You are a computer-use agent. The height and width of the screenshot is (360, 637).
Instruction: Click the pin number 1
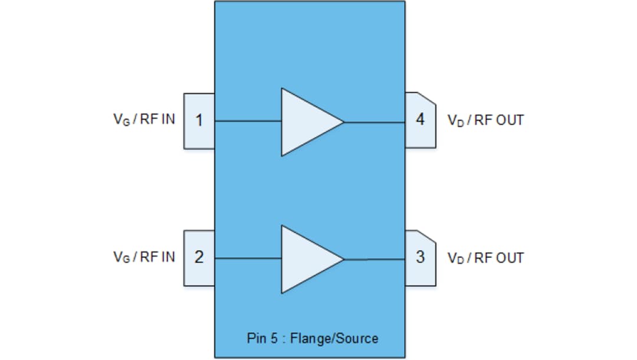pyautogui.click(x=199, y=121)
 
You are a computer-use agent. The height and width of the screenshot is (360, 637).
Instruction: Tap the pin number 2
pyautogui.click(x=199, y=258)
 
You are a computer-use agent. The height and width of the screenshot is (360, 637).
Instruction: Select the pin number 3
pyautogui.click(x=420, y=258)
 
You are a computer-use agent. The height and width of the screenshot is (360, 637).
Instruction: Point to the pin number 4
pyautogui.click(x=420, y=120)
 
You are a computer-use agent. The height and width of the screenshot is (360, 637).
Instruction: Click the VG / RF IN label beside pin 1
pyautogui.click(x=144, y=119)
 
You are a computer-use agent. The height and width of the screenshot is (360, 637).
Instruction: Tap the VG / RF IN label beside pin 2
pyautogui.click(x=144, y=257)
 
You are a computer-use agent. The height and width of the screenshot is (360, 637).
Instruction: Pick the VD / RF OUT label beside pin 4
pyautogui.click(x=485, y=120)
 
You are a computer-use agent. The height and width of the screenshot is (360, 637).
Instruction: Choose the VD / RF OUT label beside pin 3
pyautogui.click(x=485, y=258)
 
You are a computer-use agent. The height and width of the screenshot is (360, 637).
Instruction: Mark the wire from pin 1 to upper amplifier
pyautogui.click(x=248, y=121)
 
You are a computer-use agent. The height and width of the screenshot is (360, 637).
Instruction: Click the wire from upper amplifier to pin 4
pyautogui.click(x=375, y=123)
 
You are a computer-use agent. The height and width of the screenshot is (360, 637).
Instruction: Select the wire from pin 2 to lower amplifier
pyautogui.click(x=248, y=258)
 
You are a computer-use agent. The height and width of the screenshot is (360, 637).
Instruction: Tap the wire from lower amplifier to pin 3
pyautogui.click(x=375, y=259)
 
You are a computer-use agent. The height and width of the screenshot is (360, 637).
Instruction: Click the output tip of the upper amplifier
pyautogui.click(x=343, y=123)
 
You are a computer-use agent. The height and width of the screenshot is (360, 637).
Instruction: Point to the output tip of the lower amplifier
pyautogui.click(x=343, y=259)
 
